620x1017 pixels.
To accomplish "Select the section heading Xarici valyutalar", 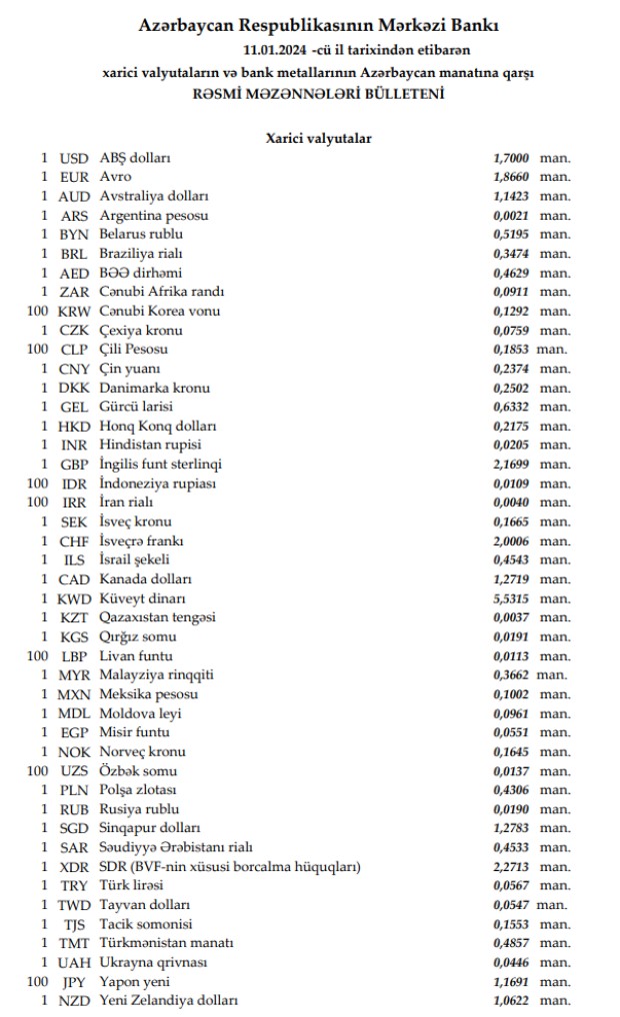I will pos(319,138).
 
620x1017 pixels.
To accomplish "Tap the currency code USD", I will pos(75,158).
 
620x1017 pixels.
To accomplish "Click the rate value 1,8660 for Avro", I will pos(511,177).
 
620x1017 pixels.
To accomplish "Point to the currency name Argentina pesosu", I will pos(154,215).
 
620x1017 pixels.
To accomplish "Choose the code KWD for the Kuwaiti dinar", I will pos(75,598).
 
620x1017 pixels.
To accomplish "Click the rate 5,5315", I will pos(511,598).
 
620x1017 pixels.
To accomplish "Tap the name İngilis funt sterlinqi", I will pos(160,465).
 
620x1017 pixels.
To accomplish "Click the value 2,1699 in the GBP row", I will pos(511,465).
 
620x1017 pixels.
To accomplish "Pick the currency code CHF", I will pos(75,540).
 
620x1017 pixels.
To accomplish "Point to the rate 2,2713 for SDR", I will pos(511,866).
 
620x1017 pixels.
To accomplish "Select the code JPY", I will pos(75,981).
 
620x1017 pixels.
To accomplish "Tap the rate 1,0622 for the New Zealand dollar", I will pos(511,1000).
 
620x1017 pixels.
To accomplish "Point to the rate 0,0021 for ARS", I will pos(511,215).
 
